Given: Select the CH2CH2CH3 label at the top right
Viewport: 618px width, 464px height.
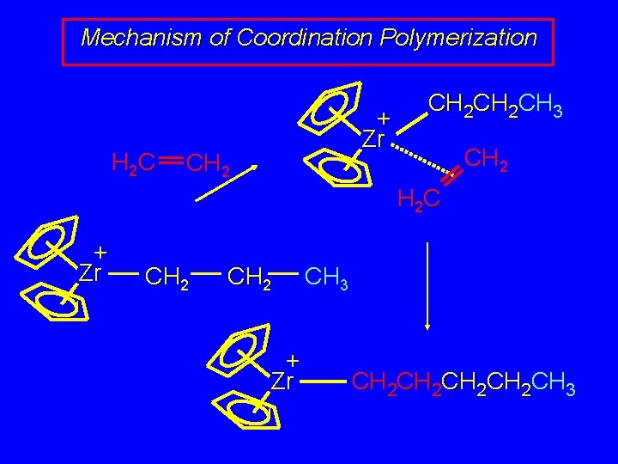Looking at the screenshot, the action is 495,107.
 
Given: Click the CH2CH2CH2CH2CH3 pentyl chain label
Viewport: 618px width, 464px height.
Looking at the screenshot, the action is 463,381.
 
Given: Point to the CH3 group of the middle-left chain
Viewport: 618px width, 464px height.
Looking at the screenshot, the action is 326,278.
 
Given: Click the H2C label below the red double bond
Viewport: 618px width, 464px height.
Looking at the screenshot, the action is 419,200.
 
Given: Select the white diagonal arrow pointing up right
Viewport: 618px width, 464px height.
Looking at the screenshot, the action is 227,181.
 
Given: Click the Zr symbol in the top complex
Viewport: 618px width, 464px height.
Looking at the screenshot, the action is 372,138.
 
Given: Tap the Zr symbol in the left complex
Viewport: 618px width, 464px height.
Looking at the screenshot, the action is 91,274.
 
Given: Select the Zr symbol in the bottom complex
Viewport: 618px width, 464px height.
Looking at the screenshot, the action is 283,381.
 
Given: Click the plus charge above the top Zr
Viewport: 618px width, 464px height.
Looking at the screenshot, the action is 384,118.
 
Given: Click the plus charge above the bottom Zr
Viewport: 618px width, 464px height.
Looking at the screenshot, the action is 293,358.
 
